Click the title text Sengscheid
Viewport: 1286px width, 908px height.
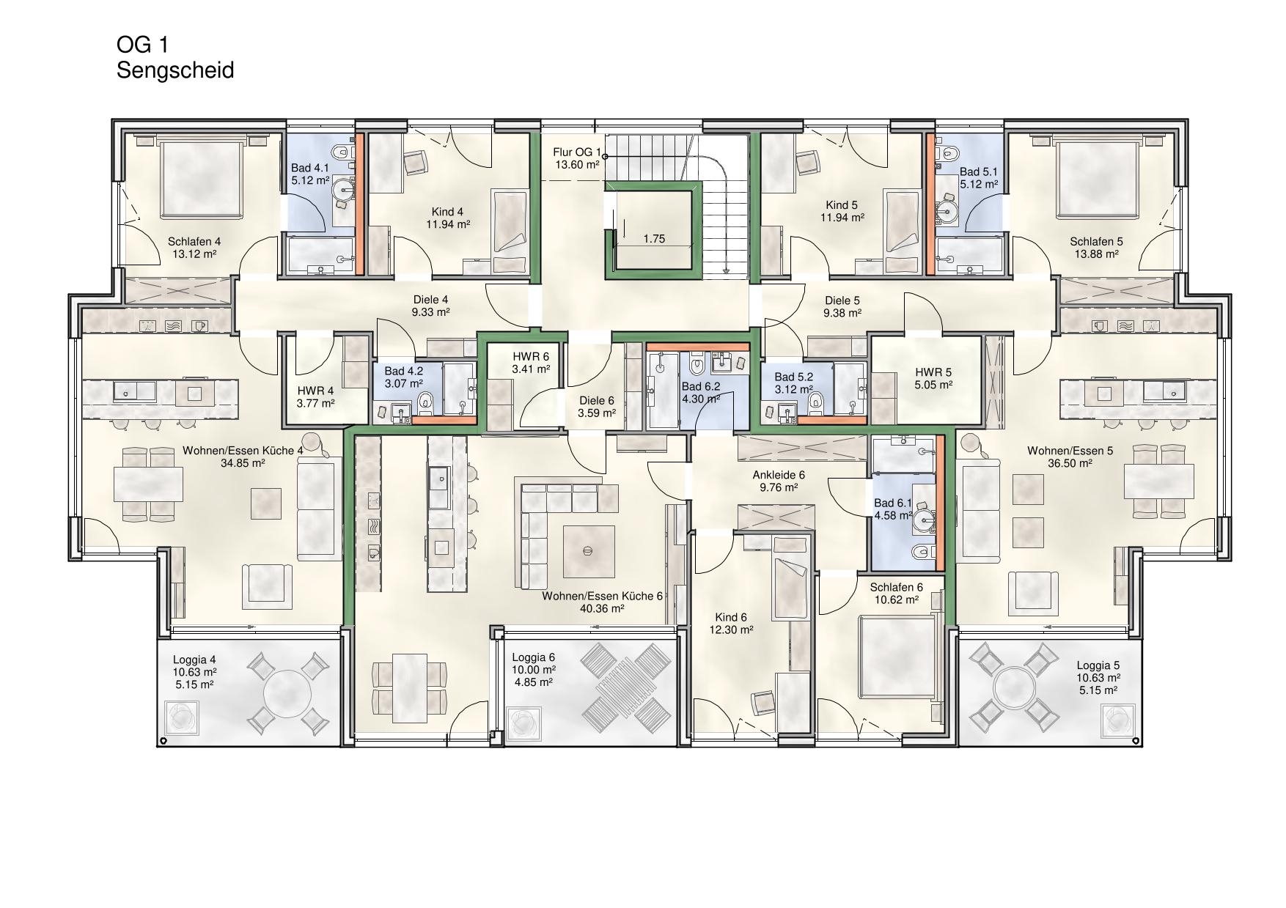(175, 71)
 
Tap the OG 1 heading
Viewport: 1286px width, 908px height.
(143, 45)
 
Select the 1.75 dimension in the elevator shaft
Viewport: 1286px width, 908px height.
(654, 239)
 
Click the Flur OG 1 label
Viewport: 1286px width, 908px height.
(577, 153)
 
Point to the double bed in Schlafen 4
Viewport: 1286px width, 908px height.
(201, 179)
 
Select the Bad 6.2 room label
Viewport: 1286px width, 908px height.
(701, 386)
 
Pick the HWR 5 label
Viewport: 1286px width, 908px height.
(933, 372)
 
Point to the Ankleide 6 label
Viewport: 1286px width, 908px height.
(779, 475)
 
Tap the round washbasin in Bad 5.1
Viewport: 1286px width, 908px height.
(947, 213)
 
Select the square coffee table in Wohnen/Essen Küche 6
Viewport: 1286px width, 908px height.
(587, 551)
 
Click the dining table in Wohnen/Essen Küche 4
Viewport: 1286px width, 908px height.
(147, 484)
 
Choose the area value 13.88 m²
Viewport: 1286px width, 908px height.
(1096, 254)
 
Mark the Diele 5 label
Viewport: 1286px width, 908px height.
(842, 300)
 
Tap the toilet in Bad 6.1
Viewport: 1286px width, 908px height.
(921, 552)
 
